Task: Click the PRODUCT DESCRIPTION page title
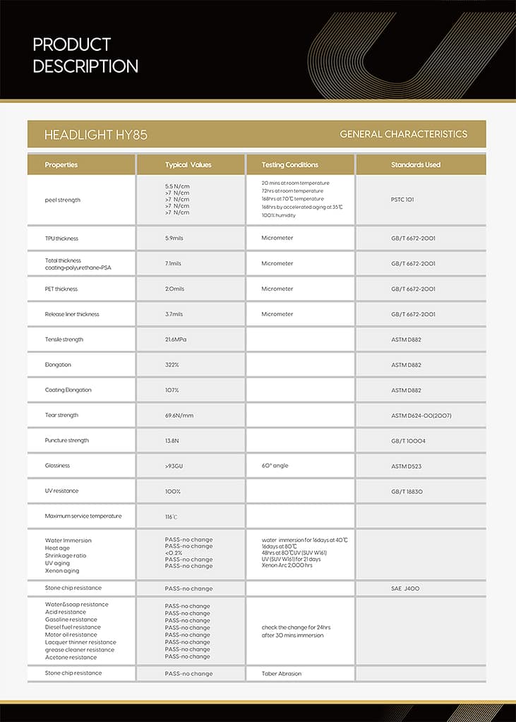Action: pyautogui.click(x=85, y=56)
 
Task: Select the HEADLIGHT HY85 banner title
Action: pyautogui.click(x=95, y=134)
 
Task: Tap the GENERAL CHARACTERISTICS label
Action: pyautogui.click(x=403, y=134)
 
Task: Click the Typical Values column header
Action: pyautogui.click(x=188, y=165)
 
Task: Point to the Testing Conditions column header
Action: pyautogui.click(x=289, y=165)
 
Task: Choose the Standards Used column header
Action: pyautogui.click(x=416, y=165)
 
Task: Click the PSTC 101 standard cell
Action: pyautogui.click(x=402, y=200)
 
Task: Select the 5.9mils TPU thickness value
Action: pyautogui.click(x=175, y=239)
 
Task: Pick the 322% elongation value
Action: pyautogui.click(x=172, y=365)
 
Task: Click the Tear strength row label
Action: pyautogui.click(x=61, y=415)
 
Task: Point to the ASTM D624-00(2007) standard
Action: pyautogui.click(x=421, y=416)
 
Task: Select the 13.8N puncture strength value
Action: pyautogui.click(x=173, y=440)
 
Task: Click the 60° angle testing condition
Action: pyautogui.click(x=275, y=466)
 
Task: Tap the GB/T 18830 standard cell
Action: pyautogui.click(x=407, y=491)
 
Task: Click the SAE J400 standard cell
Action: pyautogui.click(x=405, y=588)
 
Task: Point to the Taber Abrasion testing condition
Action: pyautogui.click(x=281, y=673)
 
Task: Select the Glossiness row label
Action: pyautogui.click(x=57, y=466)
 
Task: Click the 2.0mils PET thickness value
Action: pyautogui.click(x=175, y=289)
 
